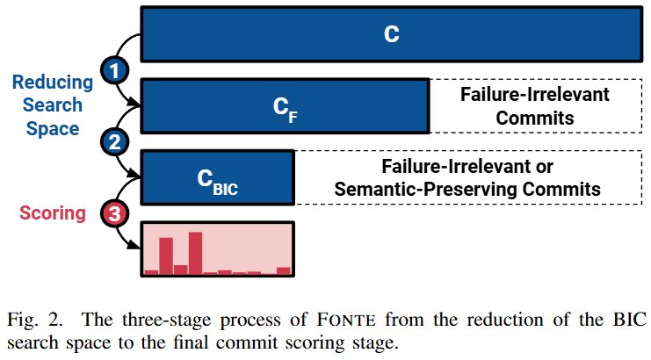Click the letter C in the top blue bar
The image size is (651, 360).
click(392, 34)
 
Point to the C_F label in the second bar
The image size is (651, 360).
click(285, 109)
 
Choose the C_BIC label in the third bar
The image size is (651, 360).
click(216, 181)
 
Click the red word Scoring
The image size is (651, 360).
click(54, 212)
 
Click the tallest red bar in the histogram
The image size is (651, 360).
click(195, 253)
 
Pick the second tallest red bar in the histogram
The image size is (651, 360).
click(165, 256)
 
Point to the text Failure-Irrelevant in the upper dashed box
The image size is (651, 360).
click(535, 95)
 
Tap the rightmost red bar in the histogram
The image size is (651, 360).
click(283, 270)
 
